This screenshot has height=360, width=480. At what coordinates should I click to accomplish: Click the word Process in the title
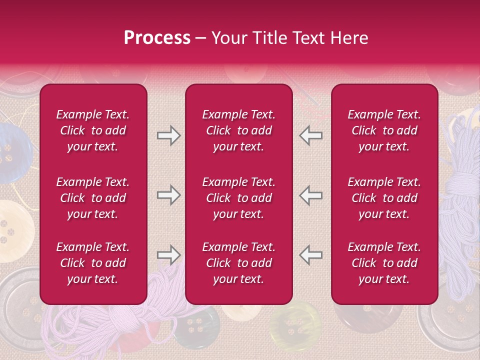click(x=157, y=38)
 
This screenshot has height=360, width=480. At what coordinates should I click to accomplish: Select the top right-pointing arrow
click(x=168, y=135)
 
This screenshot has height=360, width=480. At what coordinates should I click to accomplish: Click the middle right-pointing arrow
click(x=168, y=195)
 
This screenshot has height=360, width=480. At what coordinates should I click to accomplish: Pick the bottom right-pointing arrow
click(x=168, y=255)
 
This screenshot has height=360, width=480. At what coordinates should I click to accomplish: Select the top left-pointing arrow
click(x=310, y=135)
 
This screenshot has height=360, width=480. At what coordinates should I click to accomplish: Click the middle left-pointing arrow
click(x=310, y=195)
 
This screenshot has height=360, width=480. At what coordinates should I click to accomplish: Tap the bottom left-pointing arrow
click(x=310, y=255)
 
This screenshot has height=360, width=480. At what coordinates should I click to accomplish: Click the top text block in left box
click(x=93, y=130)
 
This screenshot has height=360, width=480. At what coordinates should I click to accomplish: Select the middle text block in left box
click(x=93, y=198)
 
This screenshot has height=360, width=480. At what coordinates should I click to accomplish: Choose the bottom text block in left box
click(x=93, y=263)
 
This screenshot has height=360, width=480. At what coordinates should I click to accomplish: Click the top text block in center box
click(x=239, y=130)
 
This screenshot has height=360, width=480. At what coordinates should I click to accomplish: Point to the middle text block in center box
click(x=239, y=198)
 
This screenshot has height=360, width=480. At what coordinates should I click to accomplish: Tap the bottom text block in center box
click(x=239, y=263)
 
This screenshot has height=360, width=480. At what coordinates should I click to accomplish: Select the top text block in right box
click(x=384, y=130)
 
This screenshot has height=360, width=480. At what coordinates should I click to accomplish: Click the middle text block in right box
click(x=384, y=198)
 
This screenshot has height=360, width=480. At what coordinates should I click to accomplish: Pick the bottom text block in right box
click(x=384, y=263)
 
